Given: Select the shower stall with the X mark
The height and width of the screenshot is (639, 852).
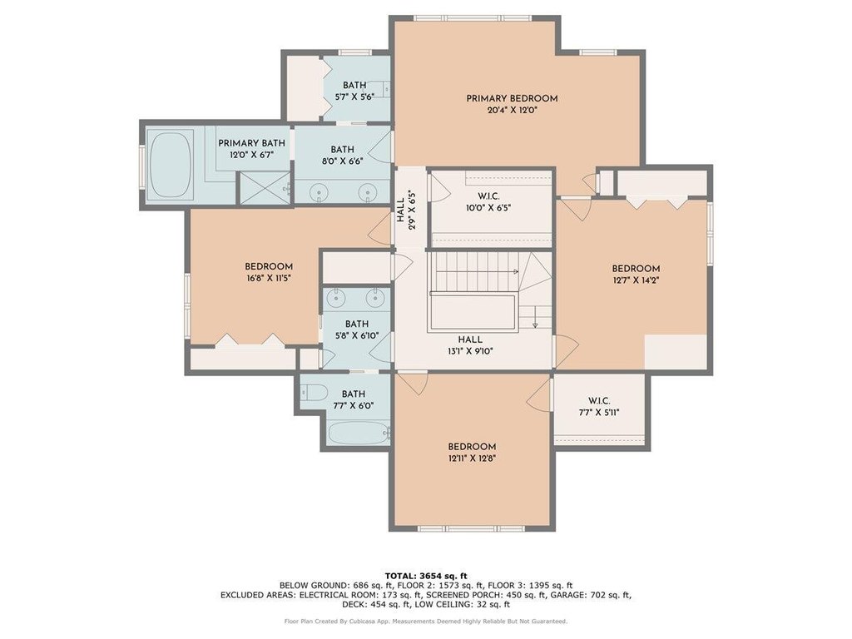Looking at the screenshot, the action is click(x=264, y=187).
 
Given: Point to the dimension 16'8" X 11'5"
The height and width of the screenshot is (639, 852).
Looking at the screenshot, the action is click(x=269, y=278).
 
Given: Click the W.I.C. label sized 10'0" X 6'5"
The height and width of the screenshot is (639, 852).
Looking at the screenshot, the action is click(x=488, y=201).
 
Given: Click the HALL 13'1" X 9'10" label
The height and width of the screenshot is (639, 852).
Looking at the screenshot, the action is click(x=470, y=345).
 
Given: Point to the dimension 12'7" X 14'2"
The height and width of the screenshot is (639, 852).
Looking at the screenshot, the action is click(x=636, y=280).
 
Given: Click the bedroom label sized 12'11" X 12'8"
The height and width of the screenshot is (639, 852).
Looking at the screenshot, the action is click(x=472, y=452).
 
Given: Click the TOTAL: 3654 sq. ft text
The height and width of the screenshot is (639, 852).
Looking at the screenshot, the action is click(x=426, y=576).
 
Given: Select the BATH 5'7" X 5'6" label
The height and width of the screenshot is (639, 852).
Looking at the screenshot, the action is click(x=354, y=91).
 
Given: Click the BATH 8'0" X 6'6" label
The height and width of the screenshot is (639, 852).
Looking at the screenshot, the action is click(x=342, y=155).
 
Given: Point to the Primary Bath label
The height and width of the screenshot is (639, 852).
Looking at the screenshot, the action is click(x=251, y=143).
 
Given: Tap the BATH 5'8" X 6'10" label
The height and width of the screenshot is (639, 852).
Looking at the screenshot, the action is click(x=356, y=329).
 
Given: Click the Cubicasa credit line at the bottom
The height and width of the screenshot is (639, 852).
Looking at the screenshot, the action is click(x=425, y=621).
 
